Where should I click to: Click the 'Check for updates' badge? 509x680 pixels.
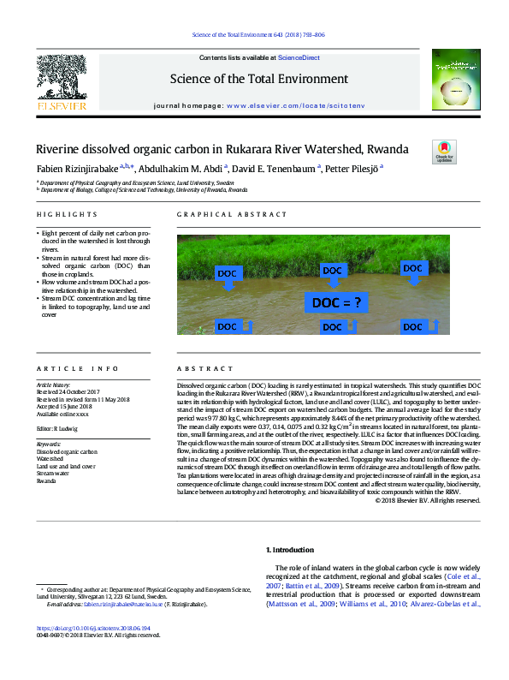(x=445, y=151)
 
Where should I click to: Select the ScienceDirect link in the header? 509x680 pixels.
(x=299, y=57)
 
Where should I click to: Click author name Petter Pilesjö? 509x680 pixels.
(x=355, y=169)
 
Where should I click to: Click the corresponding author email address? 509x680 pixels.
(x=129, y=604)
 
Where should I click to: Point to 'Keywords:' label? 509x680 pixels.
(x=50, y=444)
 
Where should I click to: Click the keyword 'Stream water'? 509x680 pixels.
(x=52, y=473)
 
